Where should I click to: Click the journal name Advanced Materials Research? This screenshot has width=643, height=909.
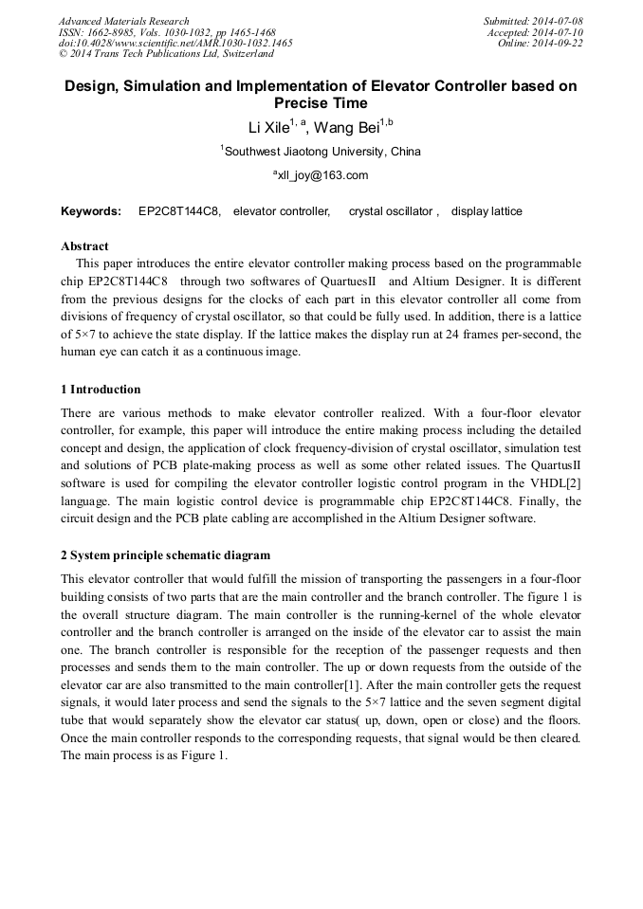tap(123, 21)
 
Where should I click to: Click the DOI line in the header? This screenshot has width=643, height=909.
tap(175, 44)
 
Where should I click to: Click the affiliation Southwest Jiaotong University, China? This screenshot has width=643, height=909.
tap(322, 152)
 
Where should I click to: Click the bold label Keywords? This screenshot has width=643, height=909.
tap(91, 211)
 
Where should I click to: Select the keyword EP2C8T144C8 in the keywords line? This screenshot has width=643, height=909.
tap(179, 211)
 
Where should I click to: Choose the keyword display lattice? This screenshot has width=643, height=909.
tap(487, 211)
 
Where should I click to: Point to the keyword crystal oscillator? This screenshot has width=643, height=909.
tap(391, 211)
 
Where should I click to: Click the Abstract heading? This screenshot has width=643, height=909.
tap(84, 246)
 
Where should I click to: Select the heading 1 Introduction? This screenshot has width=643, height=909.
tap(101, 390)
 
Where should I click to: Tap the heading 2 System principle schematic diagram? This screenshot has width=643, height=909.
tap(165, 555)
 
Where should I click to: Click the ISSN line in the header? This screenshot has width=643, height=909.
tap(167, 32)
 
